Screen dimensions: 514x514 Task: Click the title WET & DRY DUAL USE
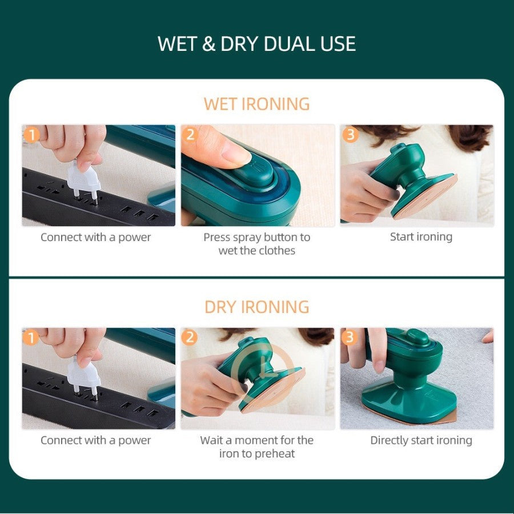pyautogui.click(x=256, y=44)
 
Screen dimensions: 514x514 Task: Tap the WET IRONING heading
pyautogui.click(x=256, y=104)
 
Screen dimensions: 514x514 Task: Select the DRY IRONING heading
pyautogui.click(x=256, y=307)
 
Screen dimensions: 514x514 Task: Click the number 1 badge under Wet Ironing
pyautogui.click(x=31, y=135)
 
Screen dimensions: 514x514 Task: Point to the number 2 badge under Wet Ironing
pyautogui.click(x=190, y=135)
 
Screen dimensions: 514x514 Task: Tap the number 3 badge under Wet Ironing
pyautogui.click(x=350, y=135)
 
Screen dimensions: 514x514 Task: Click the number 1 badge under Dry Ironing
pyautogui.click(x=31, y=338)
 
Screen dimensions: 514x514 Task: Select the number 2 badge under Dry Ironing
pyautogui.click(x=190, y=338)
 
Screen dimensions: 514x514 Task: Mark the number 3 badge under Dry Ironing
pyautogui.click(x=350, y=338)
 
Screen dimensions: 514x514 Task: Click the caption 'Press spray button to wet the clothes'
pyautogui.click(x=256, y=243)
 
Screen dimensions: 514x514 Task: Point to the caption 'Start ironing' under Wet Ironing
pyautogui.click(x=421, y=236)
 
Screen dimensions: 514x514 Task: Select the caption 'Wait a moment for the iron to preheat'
pyautogui.click(x=256, y=447)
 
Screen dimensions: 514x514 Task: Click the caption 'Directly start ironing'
pyautogui.click(x=421, y=440)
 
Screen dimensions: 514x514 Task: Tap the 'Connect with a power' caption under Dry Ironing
pyautogui.click(x=95, y=440)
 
